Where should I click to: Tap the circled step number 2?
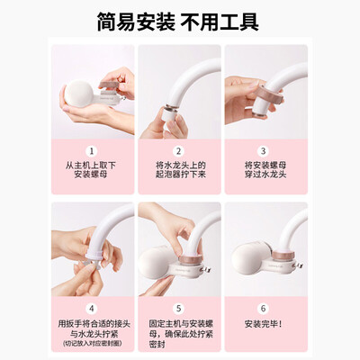click(x=179, y=151)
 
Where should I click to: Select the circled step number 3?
click(x=265, y=151)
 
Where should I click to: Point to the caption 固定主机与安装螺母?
click(x=179, y=324)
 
